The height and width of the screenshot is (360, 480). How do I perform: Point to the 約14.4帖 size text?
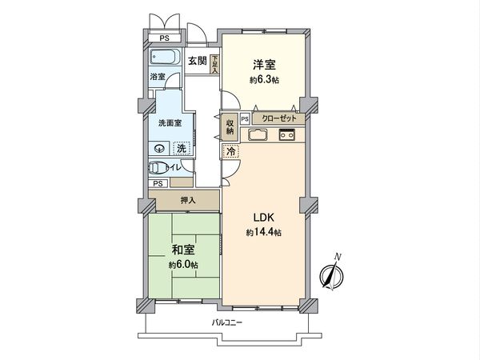tap(264, 232)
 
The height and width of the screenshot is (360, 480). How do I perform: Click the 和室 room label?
tap(182, 250)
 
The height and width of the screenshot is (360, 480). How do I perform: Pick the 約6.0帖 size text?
tap(182, 265)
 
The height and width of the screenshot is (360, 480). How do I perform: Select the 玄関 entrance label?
tap(198, 61)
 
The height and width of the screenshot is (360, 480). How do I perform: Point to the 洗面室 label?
tap(170, 124)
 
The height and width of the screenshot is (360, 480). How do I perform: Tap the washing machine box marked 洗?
tap(182, 148)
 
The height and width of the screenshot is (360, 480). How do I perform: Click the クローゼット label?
tap(278, 118)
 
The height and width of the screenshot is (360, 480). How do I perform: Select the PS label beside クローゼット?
tap(244, 118)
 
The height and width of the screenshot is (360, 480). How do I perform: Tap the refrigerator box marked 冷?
tap(230, 152)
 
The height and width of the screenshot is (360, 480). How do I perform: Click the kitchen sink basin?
tap(259, 134)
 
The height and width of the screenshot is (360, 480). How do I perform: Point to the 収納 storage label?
tap(230, 127)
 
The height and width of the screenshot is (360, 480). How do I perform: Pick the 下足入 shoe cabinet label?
tap(214, 64)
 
